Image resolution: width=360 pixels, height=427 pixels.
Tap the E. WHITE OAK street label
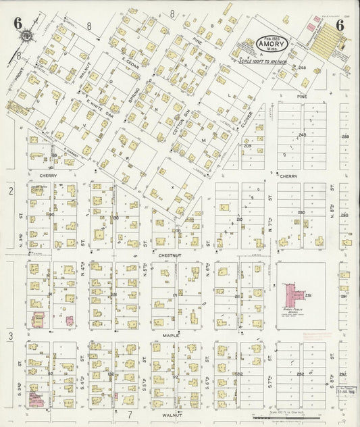pos(99,109)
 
